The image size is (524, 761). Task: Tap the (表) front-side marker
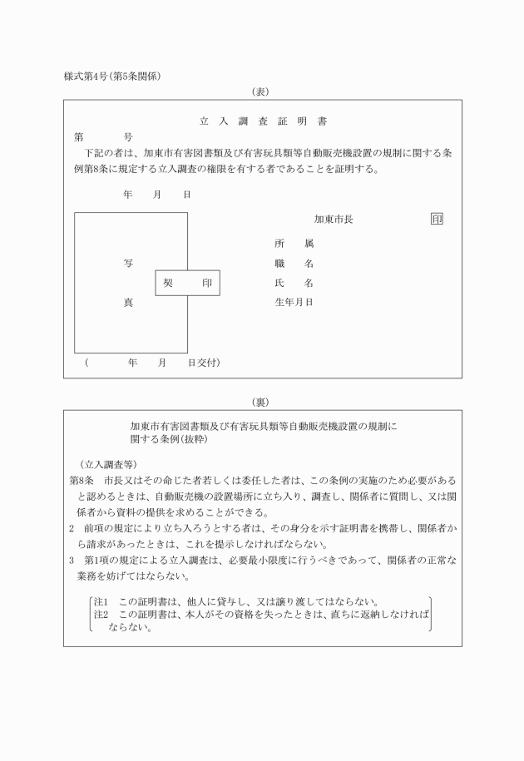point(263,91)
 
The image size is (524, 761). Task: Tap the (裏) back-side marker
point(263,402)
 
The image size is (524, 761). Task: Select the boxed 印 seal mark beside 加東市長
point(437,220)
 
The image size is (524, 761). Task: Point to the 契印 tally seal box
point(187,284)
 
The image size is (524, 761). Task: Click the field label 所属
point(294,244)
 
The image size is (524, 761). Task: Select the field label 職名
point(294,264)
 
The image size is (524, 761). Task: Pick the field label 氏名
point(294,284)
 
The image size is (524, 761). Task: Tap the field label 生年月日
point(294,303)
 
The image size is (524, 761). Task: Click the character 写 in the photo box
point(129,264)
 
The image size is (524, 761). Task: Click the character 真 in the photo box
point(129,303)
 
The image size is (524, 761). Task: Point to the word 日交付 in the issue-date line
point(203,363)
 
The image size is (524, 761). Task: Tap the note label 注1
point(101,601)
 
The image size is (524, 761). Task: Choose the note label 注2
point(101,615)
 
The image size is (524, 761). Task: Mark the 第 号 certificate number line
point(104,136)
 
